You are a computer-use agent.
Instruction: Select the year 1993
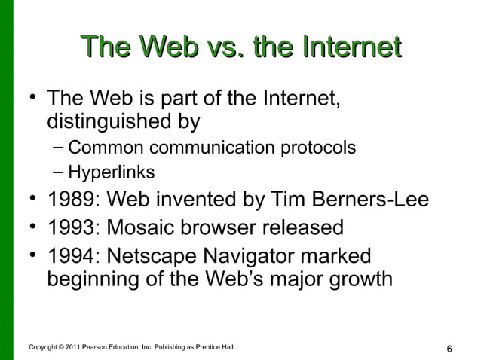pos(70,227)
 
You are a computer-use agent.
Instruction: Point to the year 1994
pos(70,254)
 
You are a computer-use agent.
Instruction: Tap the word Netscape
pos(161,254)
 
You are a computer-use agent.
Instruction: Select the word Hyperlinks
pos(112,173)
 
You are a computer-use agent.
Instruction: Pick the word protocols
pos(318,148)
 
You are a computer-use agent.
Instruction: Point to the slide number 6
pos(449,349)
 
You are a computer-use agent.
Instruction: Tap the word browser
pos(224,227)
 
